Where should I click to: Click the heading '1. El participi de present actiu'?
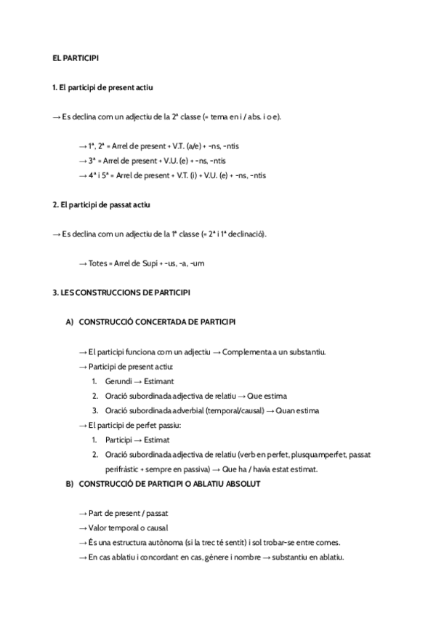click(x=102, y=88)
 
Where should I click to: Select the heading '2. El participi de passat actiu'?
click(x=102, y=205)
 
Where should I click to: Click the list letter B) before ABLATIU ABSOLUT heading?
click(x=70, y=484)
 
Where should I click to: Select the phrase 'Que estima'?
click(x=267, y=396)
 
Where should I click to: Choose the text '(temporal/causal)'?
click(x=227, y=410)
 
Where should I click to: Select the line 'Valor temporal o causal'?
click(x=127, y=528)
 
